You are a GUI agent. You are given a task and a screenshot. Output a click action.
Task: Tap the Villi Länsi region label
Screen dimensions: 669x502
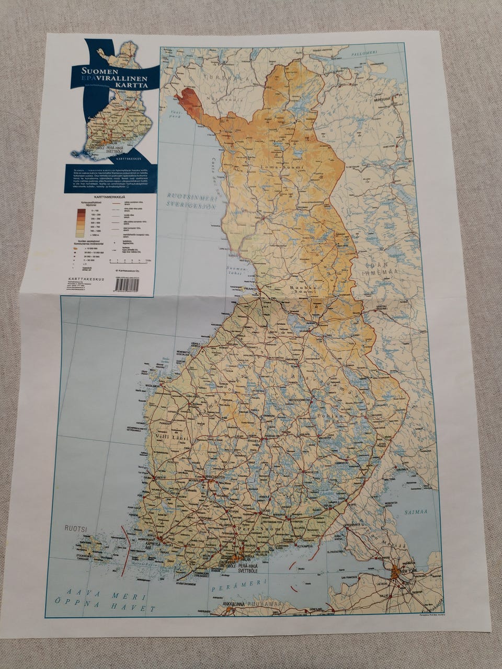[x=172, y=436]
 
